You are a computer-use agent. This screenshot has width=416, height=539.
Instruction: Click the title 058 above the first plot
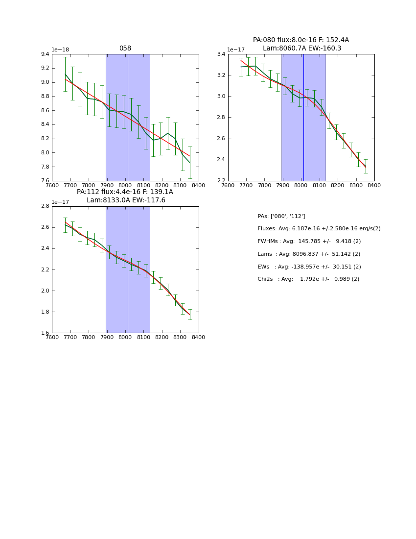pos(125,49)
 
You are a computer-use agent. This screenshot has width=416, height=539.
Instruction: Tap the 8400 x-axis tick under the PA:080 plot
pos(374,186)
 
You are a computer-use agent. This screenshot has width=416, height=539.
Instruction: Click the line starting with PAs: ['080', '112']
pos(281,217)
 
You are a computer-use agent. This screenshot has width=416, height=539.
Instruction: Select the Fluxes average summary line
pos(319,229)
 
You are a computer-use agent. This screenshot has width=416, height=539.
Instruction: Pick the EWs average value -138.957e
pos(308,267)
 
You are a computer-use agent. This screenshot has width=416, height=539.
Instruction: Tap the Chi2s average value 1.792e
pos(307,279)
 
